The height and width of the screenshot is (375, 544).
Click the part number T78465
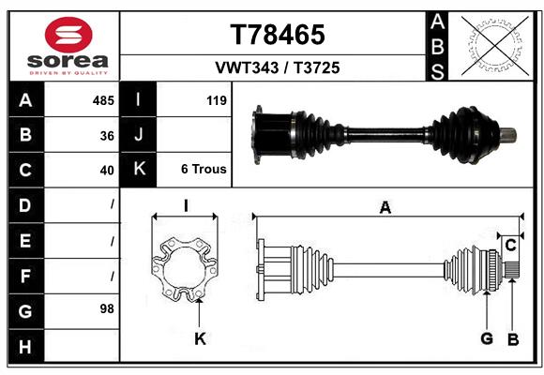tap(278, 35)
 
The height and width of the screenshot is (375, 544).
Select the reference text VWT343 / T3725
tap(279, 67)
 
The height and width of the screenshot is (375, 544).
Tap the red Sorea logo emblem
tap(68, 37)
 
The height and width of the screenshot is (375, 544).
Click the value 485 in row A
tap(103, 100)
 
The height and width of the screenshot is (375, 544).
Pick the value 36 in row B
tap(107, 135)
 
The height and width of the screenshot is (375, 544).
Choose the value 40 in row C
tap(107, 170)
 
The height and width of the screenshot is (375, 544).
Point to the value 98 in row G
tap(107, 308)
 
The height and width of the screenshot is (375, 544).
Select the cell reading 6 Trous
tap(204, 170)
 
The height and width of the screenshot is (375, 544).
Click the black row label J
tap(139, 135)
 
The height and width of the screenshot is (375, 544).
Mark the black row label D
tap(24, 204)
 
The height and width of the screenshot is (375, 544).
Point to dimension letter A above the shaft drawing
tap(385, 208)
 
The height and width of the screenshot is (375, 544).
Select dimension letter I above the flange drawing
tap(186, 206)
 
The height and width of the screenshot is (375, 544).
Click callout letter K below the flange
tap(200, 339)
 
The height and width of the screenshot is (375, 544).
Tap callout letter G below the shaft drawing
tap(486, 339)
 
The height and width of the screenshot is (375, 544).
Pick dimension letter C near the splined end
tap(511, 246)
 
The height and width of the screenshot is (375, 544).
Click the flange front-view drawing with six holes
tap(185, 269)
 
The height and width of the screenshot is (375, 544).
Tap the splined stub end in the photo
tap(507, 133)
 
